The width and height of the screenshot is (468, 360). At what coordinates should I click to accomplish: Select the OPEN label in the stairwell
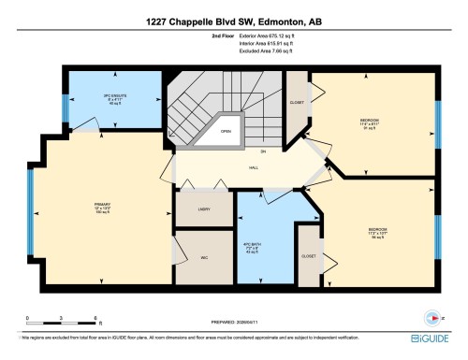click(226, 132)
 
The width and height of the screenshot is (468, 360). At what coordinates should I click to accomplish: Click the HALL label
click(253, 168)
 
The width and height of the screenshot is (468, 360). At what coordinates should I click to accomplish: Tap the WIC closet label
click(204, 257)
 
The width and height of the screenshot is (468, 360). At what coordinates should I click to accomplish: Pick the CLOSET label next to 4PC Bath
click(308, 254)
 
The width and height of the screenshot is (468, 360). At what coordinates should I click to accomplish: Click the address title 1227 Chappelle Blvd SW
click(234, 21)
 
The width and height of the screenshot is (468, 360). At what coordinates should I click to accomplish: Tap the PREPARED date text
click(234, 324)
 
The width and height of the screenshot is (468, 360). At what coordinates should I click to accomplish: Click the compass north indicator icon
click(431, 316)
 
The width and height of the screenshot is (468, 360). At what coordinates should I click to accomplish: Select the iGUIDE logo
click(431, 338)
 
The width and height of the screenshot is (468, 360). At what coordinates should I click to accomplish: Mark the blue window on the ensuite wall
click(66, 109)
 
